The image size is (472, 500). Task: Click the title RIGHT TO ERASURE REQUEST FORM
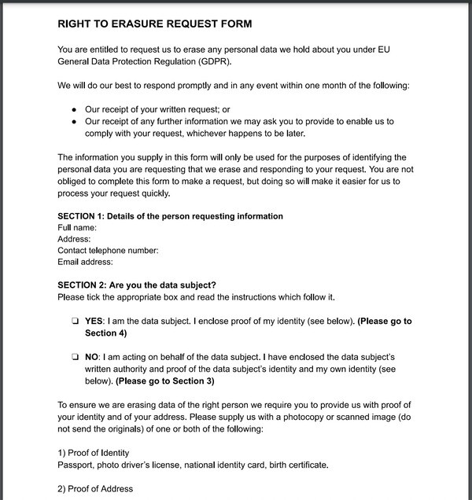pyautogui.click(x=154, y=24)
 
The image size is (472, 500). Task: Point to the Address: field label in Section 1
pyautogui.click(x=75, y=239)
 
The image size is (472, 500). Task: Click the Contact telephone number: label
pyautogui.click(x=108, y=251)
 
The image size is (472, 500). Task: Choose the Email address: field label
pyautogui.click(x=85, y=262)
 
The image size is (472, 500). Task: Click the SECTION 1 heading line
pyautogui.click(x=170, y=216)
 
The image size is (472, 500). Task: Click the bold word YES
pyautogui.click(x=94, y=322)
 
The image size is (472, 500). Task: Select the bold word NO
pyautogui.click(x=92, y=357)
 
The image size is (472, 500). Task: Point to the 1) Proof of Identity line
pyautogui.click(x=94, y=453)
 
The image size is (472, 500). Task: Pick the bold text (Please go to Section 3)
pyautogui.click(x=164, y=381)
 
